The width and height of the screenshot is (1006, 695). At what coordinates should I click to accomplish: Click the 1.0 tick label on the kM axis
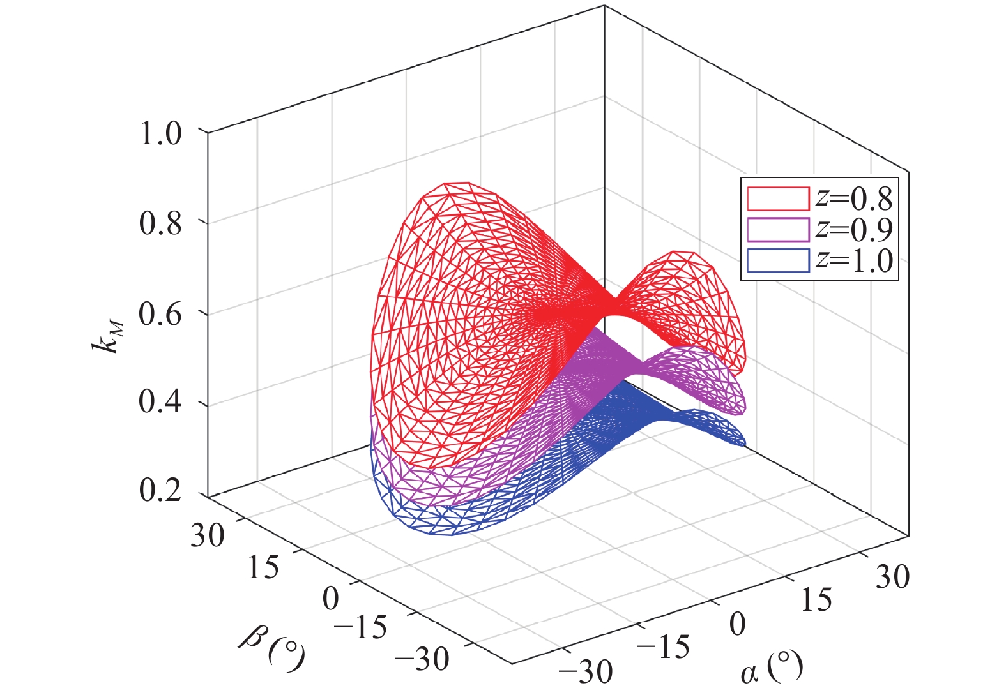[160, 133]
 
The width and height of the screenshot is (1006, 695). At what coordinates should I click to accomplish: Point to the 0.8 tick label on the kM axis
[160, 223]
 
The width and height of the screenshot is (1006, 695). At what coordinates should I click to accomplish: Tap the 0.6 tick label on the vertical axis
[160, 313]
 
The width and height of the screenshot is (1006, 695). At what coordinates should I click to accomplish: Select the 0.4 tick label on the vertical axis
[160, 403]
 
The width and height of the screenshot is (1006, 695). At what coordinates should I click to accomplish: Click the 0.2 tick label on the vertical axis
[160, 491]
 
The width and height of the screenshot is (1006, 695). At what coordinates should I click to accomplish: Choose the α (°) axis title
[771, 669]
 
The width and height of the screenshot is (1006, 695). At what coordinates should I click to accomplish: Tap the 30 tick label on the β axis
[208, 535]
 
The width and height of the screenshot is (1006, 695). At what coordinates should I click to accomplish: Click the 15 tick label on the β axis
[263, 567]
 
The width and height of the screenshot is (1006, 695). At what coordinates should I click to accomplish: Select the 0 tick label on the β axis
[330, 599]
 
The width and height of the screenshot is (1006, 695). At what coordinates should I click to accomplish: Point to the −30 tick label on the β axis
[422, 659]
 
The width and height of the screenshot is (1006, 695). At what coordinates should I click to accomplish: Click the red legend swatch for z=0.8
[778, 198]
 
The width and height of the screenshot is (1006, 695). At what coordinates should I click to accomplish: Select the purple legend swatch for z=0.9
[778, 230]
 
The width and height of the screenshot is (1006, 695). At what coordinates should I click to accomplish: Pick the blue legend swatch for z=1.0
[778, 261]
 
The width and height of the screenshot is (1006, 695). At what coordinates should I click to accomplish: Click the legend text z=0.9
[853, 230]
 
